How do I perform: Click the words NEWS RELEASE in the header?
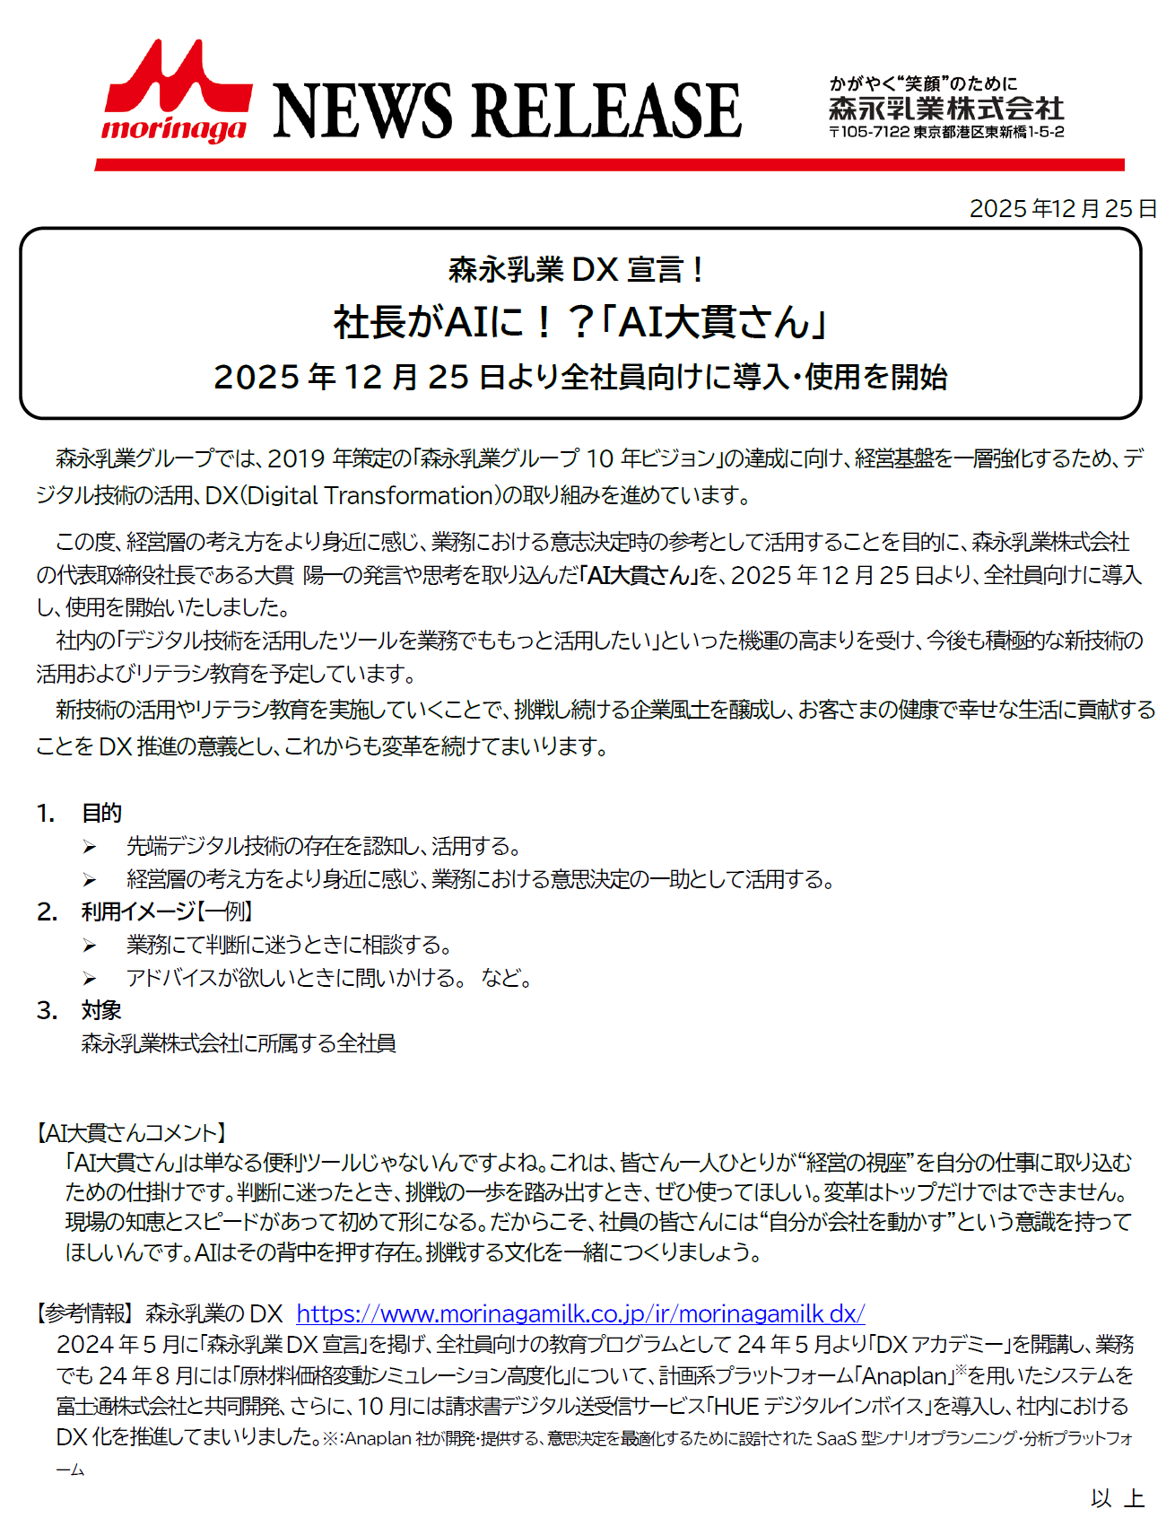[507, 111]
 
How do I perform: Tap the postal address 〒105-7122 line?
[946, 132]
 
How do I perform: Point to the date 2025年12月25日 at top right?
[1062, 208]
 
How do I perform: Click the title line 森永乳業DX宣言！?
[578, 269]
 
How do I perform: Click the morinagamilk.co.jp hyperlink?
[580, 1313]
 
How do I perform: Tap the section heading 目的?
[101, 813]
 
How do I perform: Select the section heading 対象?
[101, 1010]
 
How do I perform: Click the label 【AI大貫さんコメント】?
[132, 1132]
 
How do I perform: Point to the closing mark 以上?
[1117, 1497]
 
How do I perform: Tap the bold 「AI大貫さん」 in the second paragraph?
[640, 574]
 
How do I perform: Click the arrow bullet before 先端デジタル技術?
[90, 847]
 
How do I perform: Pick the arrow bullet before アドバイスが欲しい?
[90, 979]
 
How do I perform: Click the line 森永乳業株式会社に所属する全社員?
[239, 1043]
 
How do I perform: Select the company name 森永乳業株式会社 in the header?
[946, 109]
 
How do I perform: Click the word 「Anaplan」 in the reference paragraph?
[904, 1375]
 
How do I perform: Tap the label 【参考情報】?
[83, 1313]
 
